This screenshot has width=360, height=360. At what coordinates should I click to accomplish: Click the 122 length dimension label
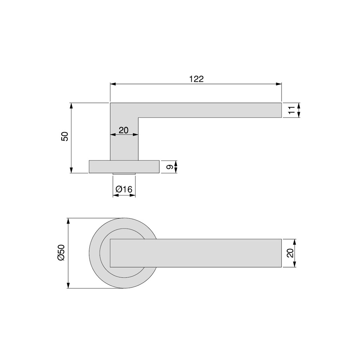pos(196,79)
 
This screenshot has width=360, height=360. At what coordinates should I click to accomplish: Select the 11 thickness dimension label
pos(291,110)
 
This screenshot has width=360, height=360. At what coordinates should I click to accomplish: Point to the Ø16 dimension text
pos(124,189)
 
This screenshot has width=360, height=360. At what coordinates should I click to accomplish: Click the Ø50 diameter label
pos(61,252)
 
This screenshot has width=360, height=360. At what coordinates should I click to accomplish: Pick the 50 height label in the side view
pos(65,136)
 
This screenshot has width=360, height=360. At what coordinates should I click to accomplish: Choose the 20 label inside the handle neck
pos(123,130)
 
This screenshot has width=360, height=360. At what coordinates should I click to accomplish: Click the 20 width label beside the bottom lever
pos(290,253)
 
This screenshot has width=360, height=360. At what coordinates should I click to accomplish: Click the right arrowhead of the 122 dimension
pos(278,84)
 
